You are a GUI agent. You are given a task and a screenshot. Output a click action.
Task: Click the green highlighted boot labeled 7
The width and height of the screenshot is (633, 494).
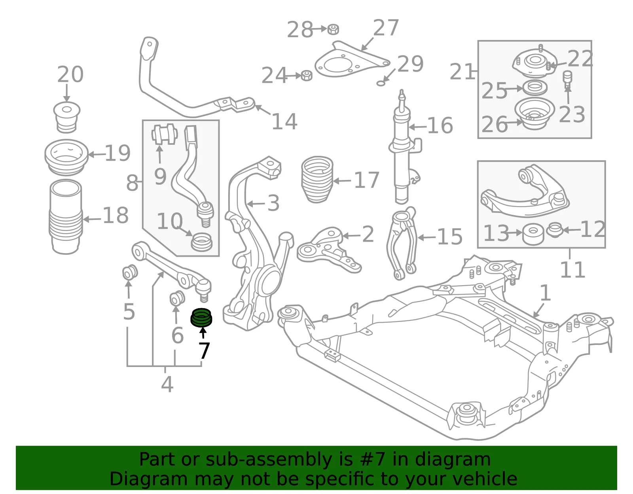[x=201, y=318]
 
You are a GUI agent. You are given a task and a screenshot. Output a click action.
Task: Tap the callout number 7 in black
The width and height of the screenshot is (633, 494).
[x=204, y=351]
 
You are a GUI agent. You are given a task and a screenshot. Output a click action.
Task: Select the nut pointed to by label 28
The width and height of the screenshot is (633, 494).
[x=333, y=29]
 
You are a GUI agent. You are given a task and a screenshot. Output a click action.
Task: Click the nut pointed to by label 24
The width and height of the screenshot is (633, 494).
[x=306, y=76]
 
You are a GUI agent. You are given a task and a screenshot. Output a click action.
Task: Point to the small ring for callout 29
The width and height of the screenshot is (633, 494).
[x=381, y=83]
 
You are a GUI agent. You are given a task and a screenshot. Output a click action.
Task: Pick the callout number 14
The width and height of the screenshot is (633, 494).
[x=284, y=121]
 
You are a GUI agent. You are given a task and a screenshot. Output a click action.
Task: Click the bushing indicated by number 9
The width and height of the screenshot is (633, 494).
[x=165, y=134]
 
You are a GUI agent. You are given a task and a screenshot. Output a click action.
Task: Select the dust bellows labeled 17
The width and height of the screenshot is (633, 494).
[x=317, y=180]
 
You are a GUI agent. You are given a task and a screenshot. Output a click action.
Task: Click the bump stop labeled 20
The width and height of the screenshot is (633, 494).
[x=67, y=117]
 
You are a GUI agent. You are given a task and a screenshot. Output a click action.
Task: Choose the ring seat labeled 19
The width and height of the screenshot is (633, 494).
[x=66, y=157]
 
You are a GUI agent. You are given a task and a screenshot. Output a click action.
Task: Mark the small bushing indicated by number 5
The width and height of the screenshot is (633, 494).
[x=130, y=272]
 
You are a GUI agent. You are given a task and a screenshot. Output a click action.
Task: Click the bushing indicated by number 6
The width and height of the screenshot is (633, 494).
[x=177, y=298]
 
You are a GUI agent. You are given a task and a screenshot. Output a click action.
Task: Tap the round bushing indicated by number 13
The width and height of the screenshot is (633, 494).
[x=533, y=234]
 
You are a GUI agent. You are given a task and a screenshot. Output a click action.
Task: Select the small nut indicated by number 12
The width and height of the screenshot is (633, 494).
[x=555, y=230]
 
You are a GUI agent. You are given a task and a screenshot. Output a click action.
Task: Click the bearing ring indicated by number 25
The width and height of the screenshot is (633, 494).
[x=535, y=88]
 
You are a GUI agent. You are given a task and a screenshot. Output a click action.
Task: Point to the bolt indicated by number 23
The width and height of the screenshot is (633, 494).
[x=567, y=79]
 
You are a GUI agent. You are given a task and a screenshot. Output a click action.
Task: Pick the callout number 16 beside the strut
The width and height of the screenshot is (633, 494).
[x=440, y=126]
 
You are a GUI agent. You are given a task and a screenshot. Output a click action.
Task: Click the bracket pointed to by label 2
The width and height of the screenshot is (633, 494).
[x=329, y=250]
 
